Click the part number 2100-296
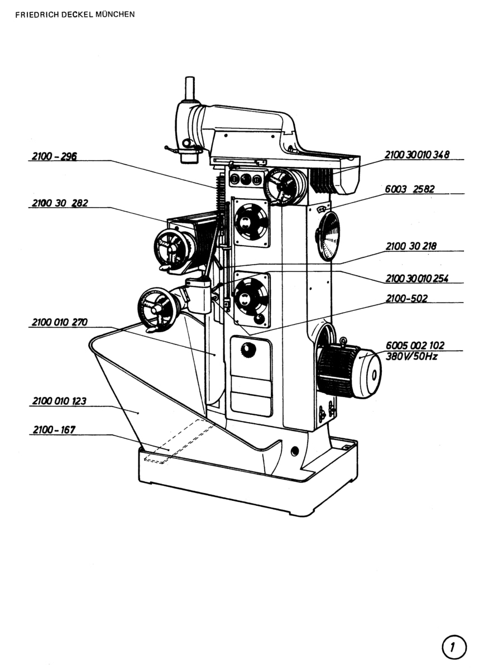pos(54,156)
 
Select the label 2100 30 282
pos(60,203)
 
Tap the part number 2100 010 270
pos(60,322)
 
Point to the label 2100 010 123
pos(59,401)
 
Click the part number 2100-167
pos(54,430)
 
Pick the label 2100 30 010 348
pos(417,155)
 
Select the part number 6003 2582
pos(410,189)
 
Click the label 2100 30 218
pos(411,246)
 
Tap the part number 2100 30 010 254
pos(417,279)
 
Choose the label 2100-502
pos(406,298)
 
